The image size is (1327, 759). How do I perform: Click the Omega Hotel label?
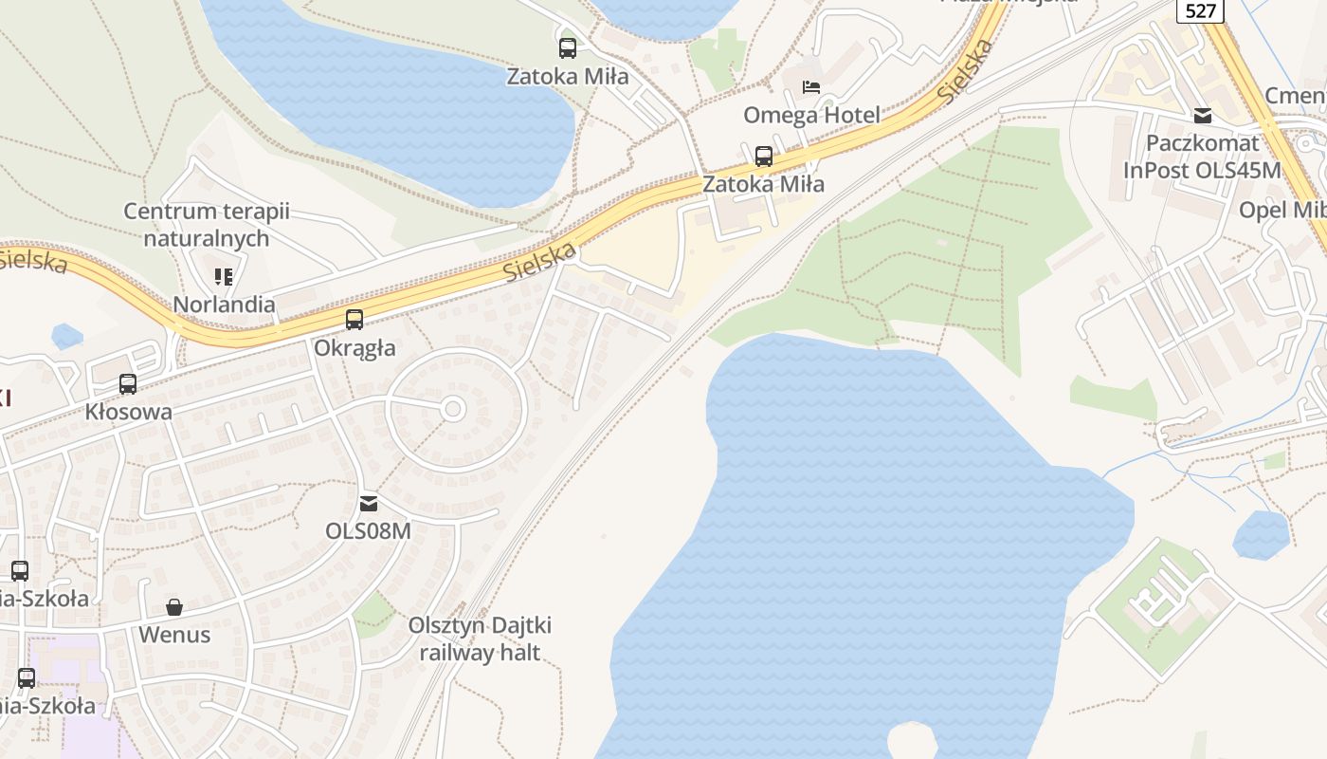[x=811, y=115]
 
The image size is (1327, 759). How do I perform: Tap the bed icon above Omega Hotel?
[x=811, y=87]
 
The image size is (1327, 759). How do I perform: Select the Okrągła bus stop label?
[x=354, y=348]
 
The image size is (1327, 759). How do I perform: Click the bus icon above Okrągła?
[x=354, y=320]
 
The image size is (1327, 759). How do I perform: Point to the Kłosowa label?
[x=129, y=412]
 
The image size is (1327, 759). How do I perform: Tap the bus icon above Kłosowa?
[x=128, y=384]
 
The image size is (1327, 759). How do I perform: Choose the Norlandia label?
[x=224, y=305]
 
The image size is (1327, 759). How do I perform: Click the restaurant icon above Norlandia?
[x=224, y=277]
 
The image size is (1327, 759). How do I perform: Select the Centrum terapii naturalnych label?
[x=207, y=225]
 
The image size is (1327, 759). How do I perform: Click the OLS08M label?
[x=369, y=530]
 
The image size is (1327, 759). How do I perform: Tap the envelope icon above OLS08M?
[x=369, y=503]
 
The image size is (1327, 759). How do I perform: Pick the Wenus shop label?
[x=174, y=635]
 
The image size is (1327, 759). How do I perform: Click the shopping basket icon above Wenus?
[x=174, y=607]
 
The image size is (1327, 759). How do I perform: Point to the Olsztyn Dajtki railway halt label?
[x=480, y=639]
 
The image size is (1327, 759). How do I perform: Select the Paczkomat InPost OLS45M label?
[x=1202, y=157]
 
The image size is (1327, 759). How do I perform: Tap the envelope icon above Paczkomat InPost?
[x=1203, y=116]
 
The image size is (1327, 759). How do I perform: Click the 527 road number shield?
[x=1201, y=10]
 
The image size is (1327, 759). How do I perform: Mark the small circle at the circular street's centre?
[x=453, y=409]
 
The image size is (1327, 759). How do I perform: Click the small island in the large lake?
[x=911, y=741]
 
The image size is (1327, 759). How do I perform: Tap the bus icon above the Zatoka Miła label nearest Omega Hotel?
[x=764, y=157]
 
